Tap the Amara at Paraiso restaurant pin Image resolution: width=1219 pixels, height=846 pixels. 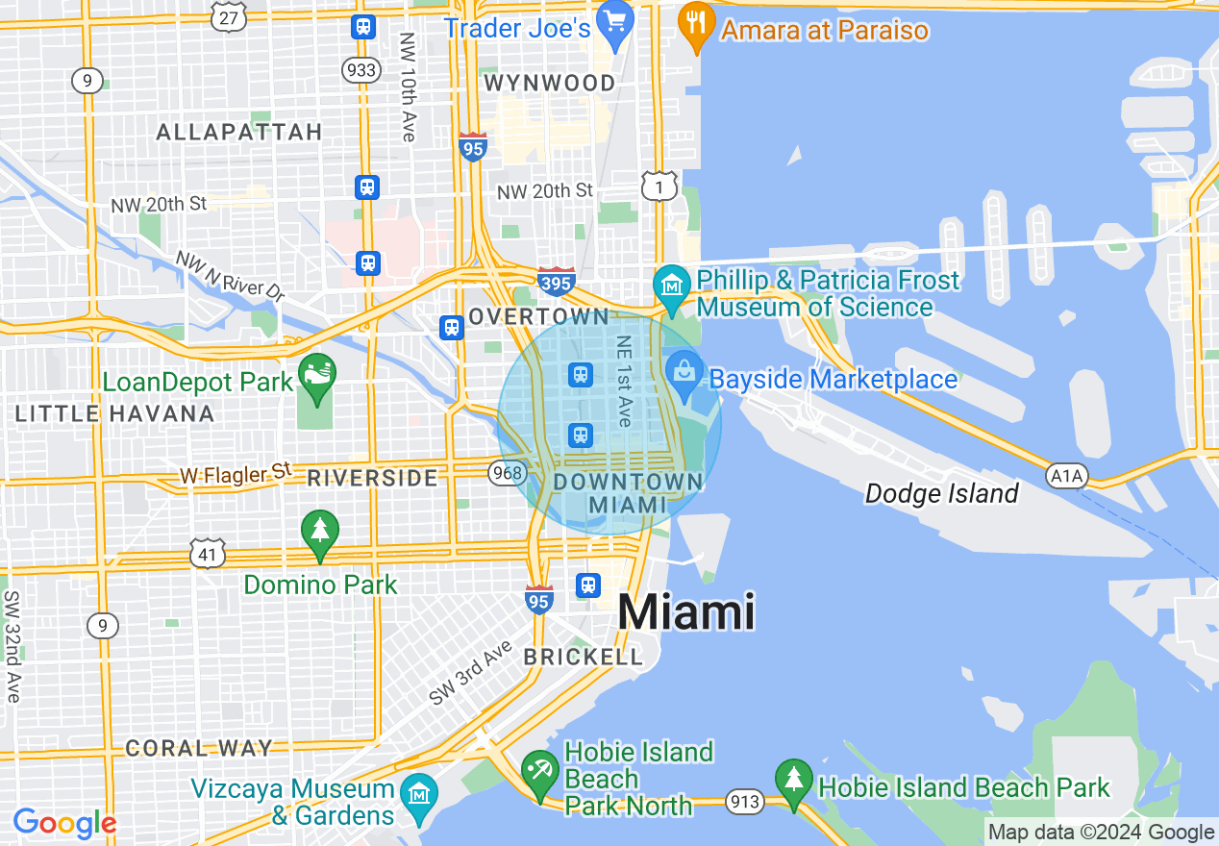click(693, 21)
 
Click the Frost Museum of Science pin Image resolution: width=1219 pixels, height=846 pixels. click(672, 286)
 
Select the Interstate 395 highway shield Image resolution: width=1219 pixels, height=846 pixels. click(557, 281)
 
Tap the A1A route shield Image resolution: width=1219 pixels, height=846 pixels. click(1066, 474)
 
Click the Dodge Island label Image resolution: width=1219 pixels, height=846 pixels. click(941, 494)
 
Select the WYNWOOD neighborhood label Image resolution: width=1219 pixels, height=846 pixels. click(550, 84)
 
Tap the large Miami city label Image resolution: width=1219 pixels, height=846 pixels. click(685, 612)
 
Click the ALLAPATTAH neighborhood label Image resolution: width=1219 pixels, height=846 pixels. click(238, 133)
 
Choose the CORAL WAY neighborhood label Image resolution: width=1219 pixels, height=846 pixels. click(199, 748)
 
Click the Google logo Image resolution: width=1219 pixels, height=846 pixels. click(63, 823)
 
